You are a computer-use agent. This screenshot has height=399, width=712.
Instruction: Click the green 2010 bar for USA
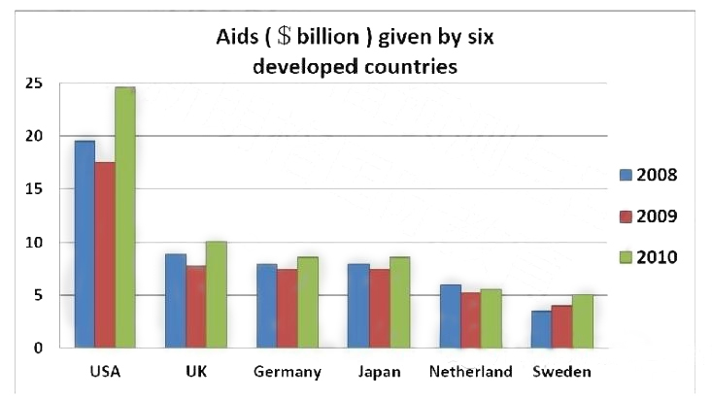(x=125, y=217)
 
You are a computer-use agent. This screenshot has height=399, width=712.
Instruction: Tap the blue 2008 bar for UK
(x=175, y=300)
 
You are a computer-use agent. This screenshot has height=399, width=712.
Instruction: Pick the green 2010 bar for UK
(x=216, y=294)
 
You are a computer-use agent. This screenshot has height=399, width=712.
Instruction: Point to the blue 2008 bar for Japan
(x=357, y=305)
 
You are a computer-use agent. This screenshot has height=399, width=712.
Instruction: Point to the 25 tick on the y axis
(x=36, y=83)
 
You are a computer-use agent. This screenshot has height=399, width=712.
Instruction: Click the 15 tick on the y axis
(x=36, y=189)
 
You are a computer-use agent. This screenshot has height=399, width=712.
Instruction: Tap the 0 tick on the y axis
(x=40, y=348)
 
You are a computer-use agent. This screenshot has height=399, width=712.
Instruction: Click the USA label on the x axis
(x=105, y=372)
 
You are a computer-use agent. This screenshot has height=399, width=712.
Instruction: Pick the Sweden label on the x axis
(x=560, y=372)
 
